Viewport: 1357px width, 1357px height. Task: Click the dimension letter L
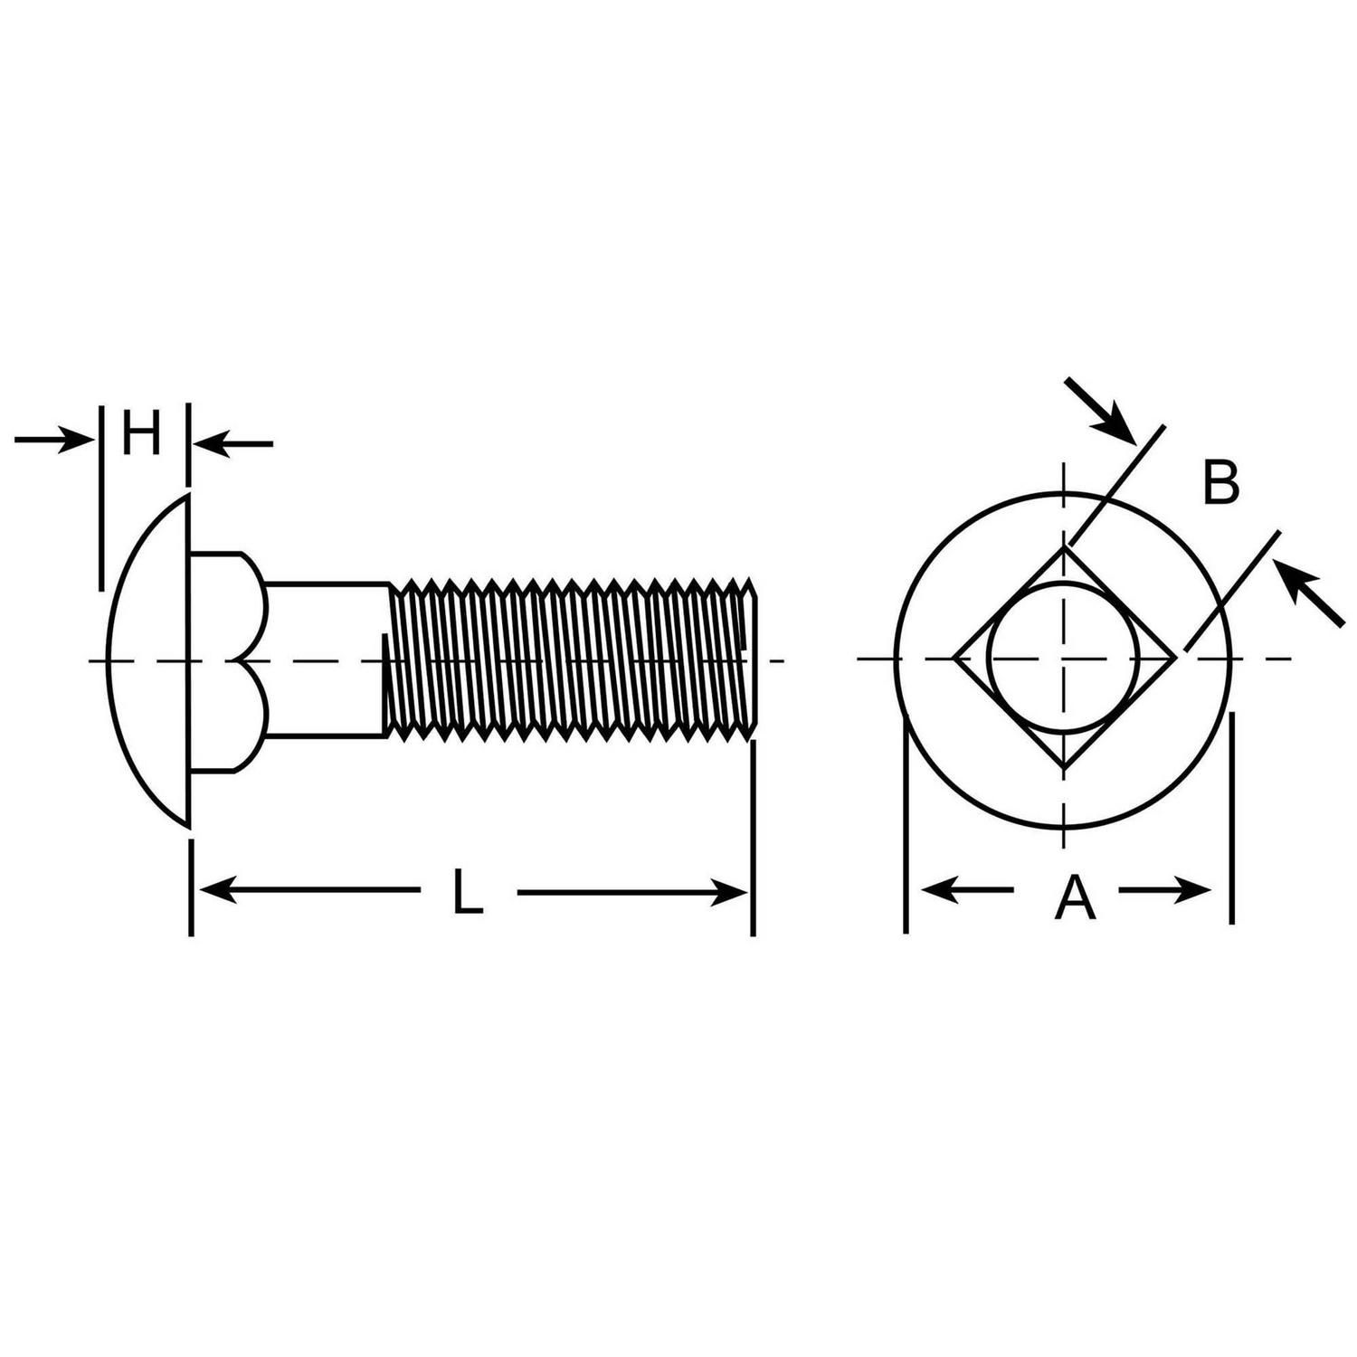tap(467, 892)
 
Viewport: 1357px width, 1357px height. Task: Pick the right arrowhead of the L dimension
tap(729, 892)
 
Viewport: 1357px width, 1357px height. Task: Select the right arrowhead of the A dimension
tap(1192, 890)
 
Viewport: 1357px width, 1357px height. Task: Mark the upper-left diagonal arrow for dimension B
tap(1099, 410)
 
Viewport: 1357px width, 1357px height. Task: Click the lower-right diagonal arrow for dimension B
tap(1308, 593)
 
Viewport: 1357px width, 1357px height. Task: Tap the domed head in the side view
tap(147, 660)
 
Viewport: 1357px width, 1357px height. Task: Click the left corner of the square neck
tap(953, 658)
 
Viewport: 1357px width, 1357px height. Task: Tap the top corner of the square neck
tap(1065, 546)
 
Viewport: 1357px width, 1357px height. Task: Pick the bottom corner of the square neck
tap(1065, 769)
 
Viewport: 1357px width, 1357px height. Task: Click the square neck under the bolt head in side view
tap(226, 660)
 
